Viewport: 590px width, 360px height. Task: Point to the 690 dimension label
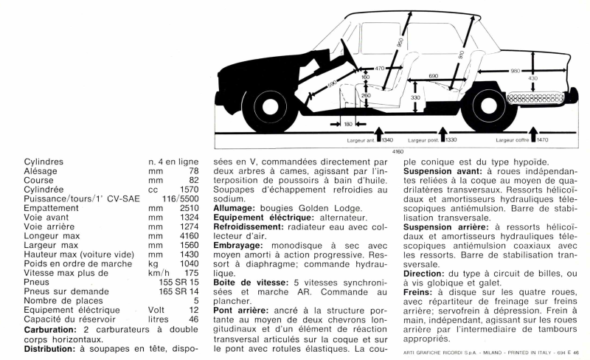pos(433,75)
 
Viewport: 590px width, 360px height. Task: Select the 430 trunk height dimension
pos(532,78)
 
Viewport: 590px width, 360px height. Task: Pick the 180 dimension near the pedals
pos(348,124)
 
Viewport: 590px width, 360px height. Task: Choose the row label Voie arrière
pos(48,228)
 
